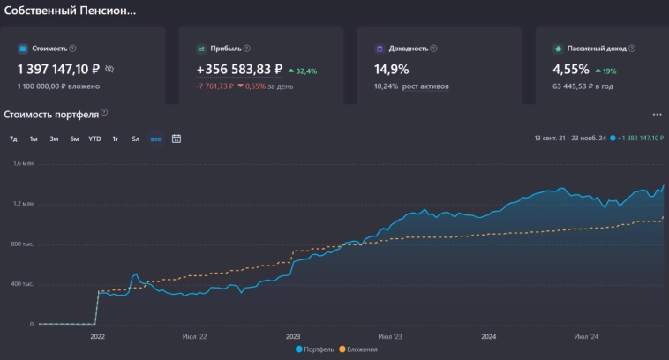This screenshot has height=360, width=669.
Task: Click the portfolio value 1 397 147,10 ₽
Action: pos(59,68)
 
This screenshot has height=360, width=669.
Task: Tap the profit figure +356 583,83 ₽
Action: pos(239,68)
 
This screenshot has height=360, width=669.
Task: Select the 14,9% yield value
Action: pos(392,68)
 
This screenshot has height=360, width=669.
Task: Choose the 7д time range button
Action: pos(13,139)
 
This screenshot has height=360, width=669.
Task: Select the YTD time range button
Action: pos(94,139)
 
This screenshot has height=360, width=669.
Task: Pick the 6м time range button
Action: pos(74,139)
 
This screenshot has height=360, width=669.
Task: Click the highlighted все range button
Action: pos(155,139)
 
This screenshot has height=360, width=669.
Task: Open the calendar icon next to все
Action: pos(177,139)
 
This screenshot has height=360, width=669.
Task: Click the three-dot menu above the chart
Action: pos(657,115)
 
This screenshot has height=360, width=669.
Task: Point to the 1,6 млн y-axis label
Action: pos(22,163)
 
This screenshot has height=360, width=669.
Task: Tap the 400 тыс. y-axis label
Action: pos(22,284)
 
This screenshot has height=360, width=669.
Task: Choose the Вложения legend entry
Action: pos(357,349)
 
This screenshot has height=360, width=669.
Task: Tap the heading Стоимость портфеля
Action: pos(51,114)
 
